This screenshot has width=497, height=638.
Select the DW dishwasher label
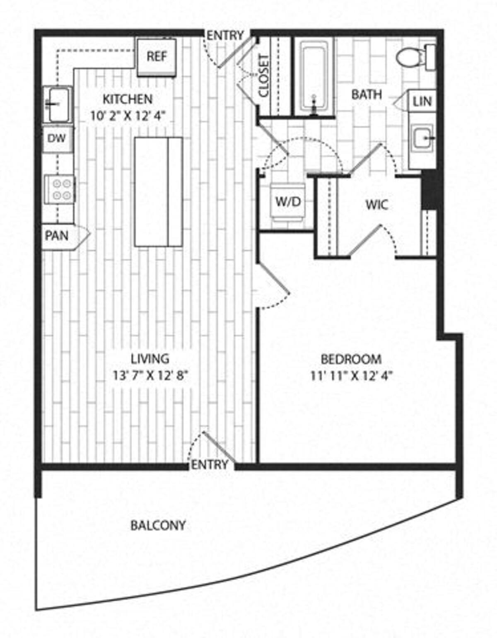click(x=57, y=138)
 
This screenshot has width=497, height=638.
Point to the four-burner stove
click(x=60, y=189)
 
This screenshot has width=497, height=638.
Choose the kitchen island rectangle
click(x=158, y=192)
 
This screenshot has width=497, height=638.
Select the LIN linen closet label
click(x=422, y=101)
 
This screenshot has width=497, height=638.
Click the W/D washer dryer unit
click(x=288, y=202)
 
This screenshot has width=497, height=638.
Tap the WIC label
click(x=377, y=205)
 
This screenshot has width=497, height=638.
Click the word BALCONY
click(x=158, y=525)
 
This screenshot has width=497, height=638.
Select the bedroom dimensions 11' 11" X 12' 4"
click(x=351, y=376)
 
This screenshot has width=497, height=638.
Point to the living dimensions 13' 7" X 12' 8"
click(x=150, y=376)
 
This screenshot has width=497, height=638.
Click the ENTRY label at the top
click(x=225, y=36)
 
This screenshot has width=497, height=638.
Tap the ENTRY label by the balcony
click(x=210, y=465)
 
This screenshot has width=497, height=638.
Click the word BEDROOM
click(x=351, y=359)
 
